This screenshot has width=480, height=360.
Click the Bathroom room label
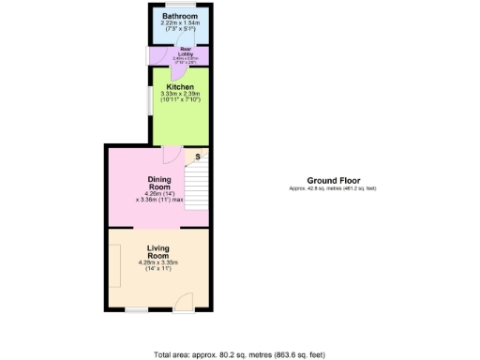pos(179,17)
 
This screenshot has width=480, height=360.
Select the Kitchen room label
pos(180,87)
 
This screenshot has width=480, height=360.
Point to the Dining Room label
pos(159,181)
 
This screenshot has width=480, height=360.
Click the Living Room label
pos(157,251)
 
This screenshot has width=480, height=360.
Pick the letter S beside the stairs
pos(198,157)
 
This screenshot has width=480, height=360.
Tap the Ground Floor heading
pos(333,181)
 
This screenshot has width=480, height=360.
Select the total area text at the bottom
pos(239,354)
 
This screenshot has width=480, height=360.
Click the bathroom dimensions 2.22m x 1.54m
pos(179,24)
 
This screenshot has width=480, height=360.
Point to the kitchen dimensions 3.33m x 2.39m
pos(180,95)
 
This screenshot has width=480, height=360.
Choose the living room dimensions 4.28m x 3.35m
pos(157,263)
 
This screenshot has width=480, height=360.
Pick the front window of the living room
pos(138,308)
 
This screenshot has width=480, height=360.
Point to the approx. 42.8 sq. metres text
pos(333,189)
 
